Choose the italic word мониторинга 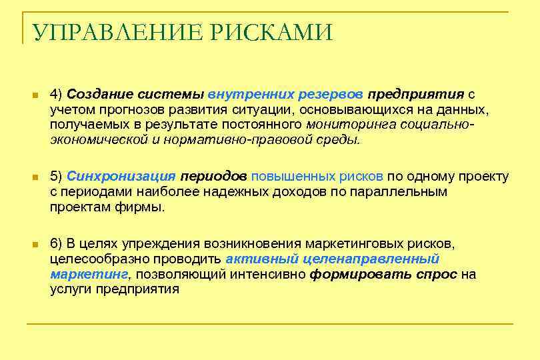[x=347, y=125]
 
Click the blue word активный [x=261, y=259]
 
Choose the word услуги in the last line [x=71, y=289]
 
